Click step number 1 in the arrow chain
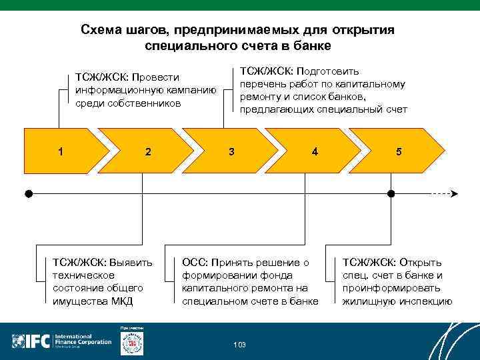[x=61, y=151]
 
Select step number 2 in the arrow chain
[x=147, y=151]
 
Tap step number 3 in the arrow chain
[x=231, y=151]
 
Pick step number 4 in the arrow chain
[x=314, y=151]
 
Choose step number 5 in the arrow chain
[x=398, y=151]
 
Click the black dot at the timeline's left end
[x=29, y=194]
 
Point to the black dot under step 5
[x=391, y=194]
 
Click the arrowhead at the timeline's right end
[x=454, y=194]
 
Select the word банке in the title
[x=313, y=46]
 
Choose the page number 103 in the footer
[x=239, y=345]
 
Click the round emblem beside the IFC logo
[x=131, y=342]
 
